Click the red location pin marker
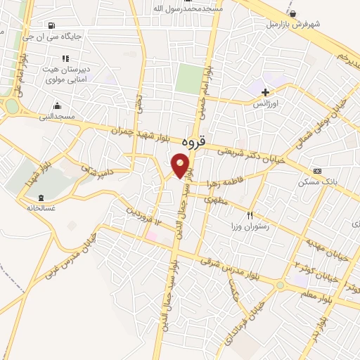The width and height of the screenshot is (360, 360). (x=181, y=167)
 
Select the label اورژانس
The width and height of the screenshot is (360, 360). (x=266, y=103)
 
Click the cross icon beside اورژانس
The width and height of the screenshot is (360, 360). (x=265, y=92)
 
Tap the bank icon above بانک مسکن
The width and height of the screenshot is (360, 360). (x=318, y=171)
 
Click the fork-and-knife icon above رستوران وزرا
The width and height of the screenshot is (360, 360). (x=249, y=215)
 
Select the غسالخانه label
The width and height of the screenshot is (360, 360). (x=41, y=207)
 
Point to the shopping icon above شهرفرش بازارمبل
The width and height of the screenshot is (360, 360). (x=292, y=13)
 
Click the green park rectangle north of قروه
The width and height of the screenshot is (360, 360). (x=188, y=78)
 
